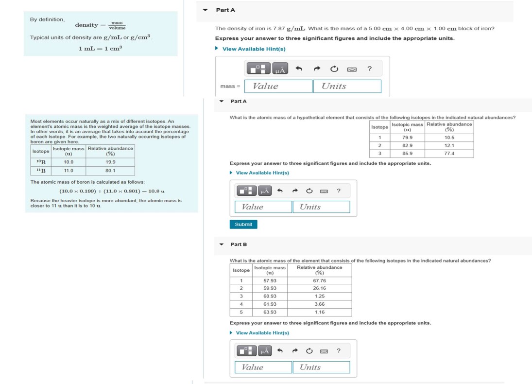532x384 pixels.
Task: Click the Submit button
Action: coord(243,224)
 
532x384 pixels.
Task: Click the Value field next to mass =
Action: coord(278,86)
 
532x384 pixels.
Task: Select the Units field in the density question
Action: coord(347,86)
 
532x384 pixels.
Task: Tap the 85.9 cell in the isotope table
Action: coord(407,154)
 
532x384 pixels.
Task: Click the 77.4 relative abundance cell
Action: coord(449,154)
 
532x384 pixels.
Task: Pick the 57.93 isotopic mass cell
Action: coord(270,281)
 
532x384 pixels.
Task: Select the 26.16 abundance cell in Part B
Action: coord(319,288)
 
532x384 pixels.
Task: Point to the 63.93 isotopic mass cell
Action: coord(270,312)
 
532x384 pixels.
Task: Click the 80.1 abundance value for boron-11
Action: coord(110,171)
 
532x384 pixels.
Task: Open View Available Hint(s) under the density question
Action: coord(254,49)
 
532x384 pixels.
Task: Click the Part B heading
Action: coord(239,244)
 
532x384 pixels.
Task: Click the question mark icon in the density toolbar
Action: coord(369,69)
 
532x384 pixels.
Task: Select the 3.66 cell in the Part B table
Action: coord(319,304)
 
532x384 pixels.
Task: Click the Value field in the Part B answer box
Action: coord(263,367)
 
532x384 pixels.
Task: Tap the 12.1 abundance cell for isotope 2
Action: coord(449,146)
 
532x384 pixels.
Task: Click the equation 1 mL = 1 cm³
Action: coord(100,48)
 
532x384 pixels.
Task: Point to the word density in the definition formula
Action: coord(86,25)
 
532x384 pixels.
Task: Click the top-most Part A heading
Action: coord(225,10)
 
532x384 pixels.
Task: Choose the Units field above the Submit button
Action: coord(321,207)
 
